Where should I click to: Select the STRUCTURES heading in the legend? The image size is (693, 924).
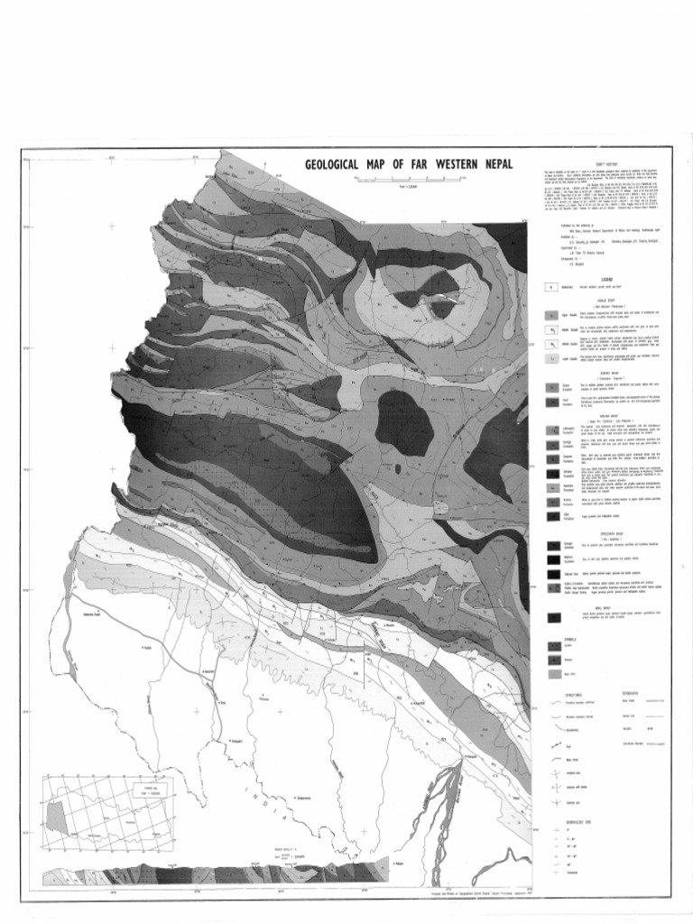click(x=571, y=694)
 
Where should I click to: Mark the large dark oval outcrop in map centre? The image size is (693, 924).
click(x=403, y=422)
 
